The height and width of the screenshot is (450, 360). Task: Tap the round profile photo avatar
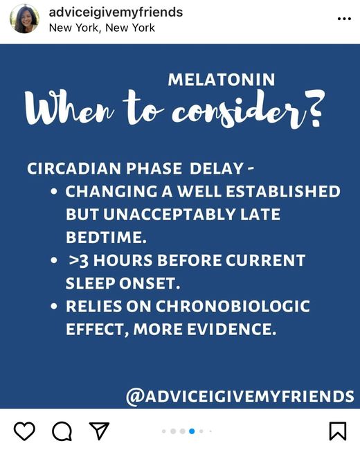tap(24, 19)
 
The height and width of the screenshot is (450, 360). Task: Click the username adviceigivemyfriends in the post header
tap(116, 12)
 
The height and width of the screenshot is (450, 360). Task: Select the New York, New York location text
tap(102, 28)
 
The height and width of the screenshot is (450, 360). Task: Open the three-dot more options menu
tap(344, 19)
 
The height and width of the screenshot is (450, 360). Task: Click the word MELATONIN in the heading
tap(222, 80)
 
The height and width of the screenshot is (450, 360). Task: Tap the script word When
tap(69, 109)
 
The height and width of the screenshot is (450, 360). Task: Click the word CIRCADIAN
tap(74, 168)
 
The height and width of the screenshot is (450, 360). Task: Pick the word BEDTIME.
tap(106, 237)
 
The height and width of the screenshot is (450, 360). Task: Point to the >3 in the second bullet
tap(78, 260)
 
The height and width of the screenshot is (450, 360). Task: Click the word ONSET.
tap(150, 283)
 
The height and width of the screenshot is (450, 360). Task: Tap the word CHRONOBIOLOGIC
tap(233, 306)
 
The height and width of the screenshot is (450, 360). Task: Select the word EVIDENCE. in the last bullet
tap(231, 329)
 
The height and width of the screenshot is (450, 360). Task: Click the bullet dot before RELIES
tap(54, 307)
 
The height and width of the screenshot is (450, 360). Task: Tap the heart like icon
tap(24, 431)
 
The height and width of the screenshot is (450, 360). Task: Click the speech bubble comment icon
tap(62, 431)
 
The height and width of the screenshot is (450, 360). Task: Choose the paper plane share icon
tap(99, 431)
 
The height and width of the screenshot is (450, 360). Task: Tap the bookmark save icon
tap(338, 431)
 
